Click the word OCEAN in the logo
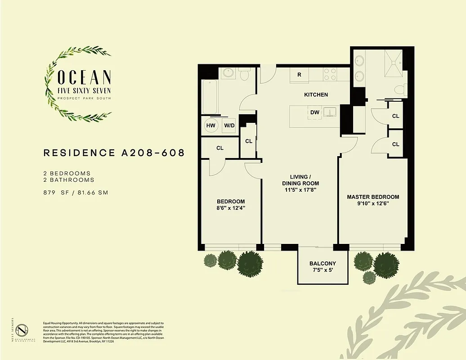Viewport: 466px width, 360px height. (x=85, y=77)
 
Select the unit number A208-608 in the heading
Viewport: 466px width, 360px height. (x=153, y=153)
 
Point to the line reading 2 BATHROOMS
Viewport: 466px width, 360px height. (x=69, y=180)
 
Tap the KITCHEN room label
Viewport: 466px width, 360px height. (x=316, y=94)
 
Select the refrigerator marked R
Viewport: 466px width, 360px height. (x=299, y=75)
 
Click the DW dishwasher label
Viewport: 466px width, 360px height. (x=314, y=112)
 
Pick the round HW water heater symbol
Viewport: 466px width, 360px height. (x=211, y=126)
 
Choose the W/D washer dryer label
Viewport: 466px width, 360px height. (x=229, y=126)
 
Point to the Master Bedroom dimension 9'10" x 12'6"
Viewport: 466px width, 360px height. (x=373, y=203)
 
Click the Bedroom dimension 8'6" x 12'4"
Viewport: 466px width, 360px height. (x=231, y=208)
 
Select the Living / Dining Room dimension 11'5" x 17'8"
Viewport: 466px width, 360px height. (x=300, y=190)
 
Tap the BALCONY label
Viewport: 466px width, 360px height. (x=323, y=264)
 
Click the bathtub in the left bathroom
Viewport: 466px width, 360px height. (x=210, y=97)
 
